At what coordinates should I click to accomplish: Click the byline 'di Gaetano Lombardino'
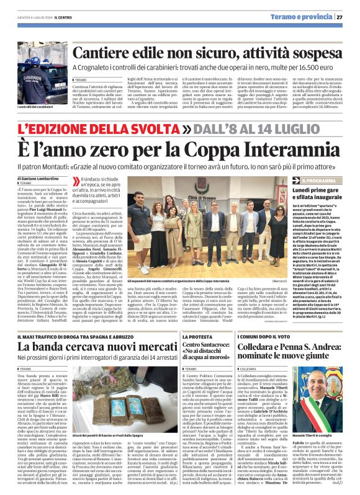(27, 179)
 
